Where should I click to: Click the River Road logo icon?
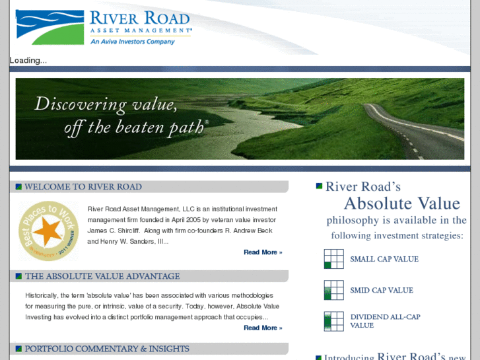point(50,26)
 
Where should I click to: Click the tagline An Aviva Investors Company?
point(133,42)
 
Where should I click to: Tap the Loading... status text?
point(28,60)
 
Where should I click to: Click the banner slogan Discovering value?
point(106,104)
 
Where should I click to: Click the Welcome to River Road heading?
point(83,187)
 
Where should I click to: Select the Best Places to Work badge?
point(48,231)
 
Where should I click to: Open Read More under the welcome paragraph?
point(262,252)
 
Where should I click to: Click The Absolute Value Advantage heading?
point(102,276)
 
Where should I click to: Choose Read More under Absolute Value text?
point(262,328)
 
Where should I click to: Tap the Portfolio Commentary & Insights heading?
point(107,349)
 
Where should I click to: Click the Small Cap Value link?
point(384,259)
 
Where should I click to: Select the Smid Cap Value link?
point(382,290)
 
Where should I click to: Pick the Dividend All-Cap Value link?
point(385,321)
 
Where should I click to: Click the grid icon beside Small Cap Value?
point(334,259)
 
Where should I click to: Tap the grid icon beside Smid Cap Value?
point(334,290)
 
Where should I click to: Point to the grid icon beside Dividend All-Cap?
point(334,321)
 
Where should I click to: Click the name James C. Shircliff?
point(116,230)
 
